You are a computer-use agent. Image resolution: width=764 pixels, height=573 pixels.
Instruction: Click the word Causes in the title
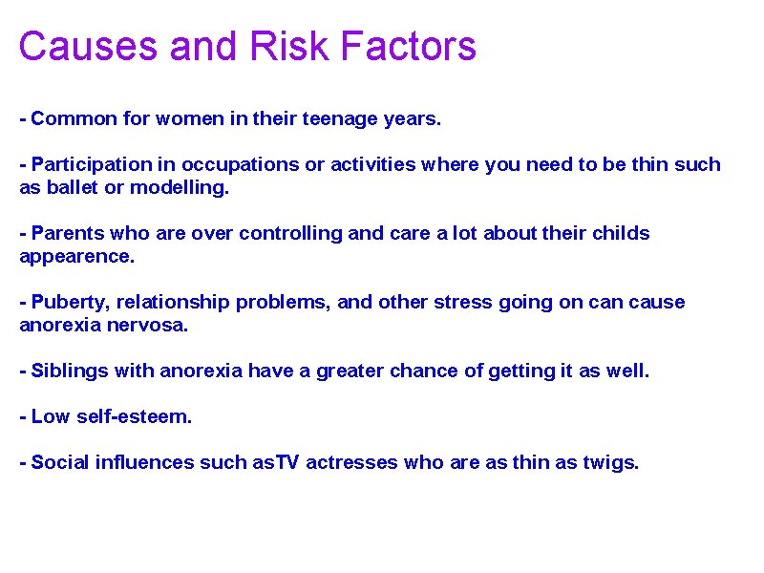74,46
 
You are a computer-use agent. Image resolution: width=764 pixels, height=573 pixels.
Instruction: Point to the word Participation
92,164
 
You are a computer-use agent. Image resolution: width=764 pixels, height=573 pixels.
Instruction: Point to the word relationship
175,303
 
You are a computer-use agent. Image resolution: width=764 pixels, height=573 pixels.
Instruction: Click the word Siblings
69,371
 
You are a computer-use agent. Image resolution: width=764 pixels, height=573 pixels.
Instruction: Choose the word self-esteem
134,416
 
